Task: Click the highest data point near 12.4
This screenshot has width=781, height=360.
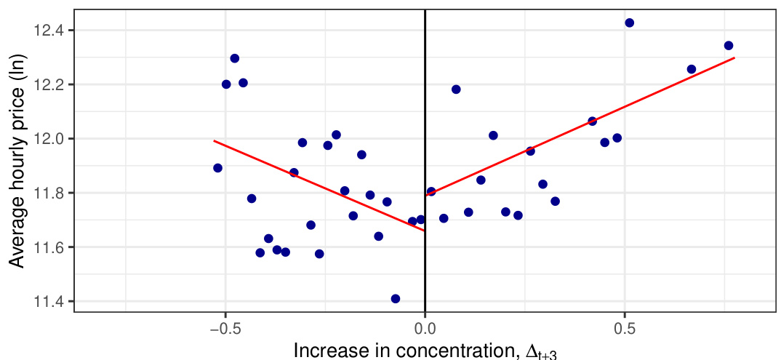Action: click(x=629, y=23)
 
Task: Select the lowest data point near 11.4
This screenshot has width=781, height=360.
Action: click(x=396, y=299)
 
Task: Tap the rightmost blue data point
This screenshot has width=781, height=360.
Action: click(x=729, y=45)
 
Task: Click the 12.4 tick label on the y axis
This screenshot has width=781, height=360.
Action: click(x=49, y=30)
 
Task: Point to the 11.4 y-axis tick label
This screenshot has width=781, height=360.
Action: click(x=49, y=301)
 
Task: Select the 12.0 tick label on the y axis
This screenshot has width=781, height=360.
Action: click(x=49, y=138)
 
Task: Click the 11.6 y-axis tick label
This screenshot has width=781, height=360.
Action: click(x=49, y=247)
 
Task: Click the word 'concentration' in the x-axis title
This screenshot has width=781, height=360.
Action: click(x=438, y=350)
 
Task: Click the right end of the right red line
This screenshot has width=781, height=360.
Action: click(x=734, y=57)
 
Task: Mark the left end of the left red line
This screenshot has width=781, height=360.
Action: click(x=214, y=140)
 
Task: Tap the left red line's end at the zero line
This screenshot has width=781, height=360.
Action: click(x=424, y=231)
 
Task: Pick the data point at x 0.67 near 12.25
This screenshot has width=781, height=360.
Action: click(x=691, y=69)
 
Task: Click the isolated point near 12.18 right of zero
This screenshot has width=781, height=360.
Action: click(x=456, y=89)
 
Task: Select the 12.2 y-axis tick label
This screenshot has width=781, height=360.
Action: click(x=49, y=84)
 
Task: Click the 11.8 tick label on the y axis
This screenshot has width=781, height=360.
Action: click(x=49, y=193)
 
